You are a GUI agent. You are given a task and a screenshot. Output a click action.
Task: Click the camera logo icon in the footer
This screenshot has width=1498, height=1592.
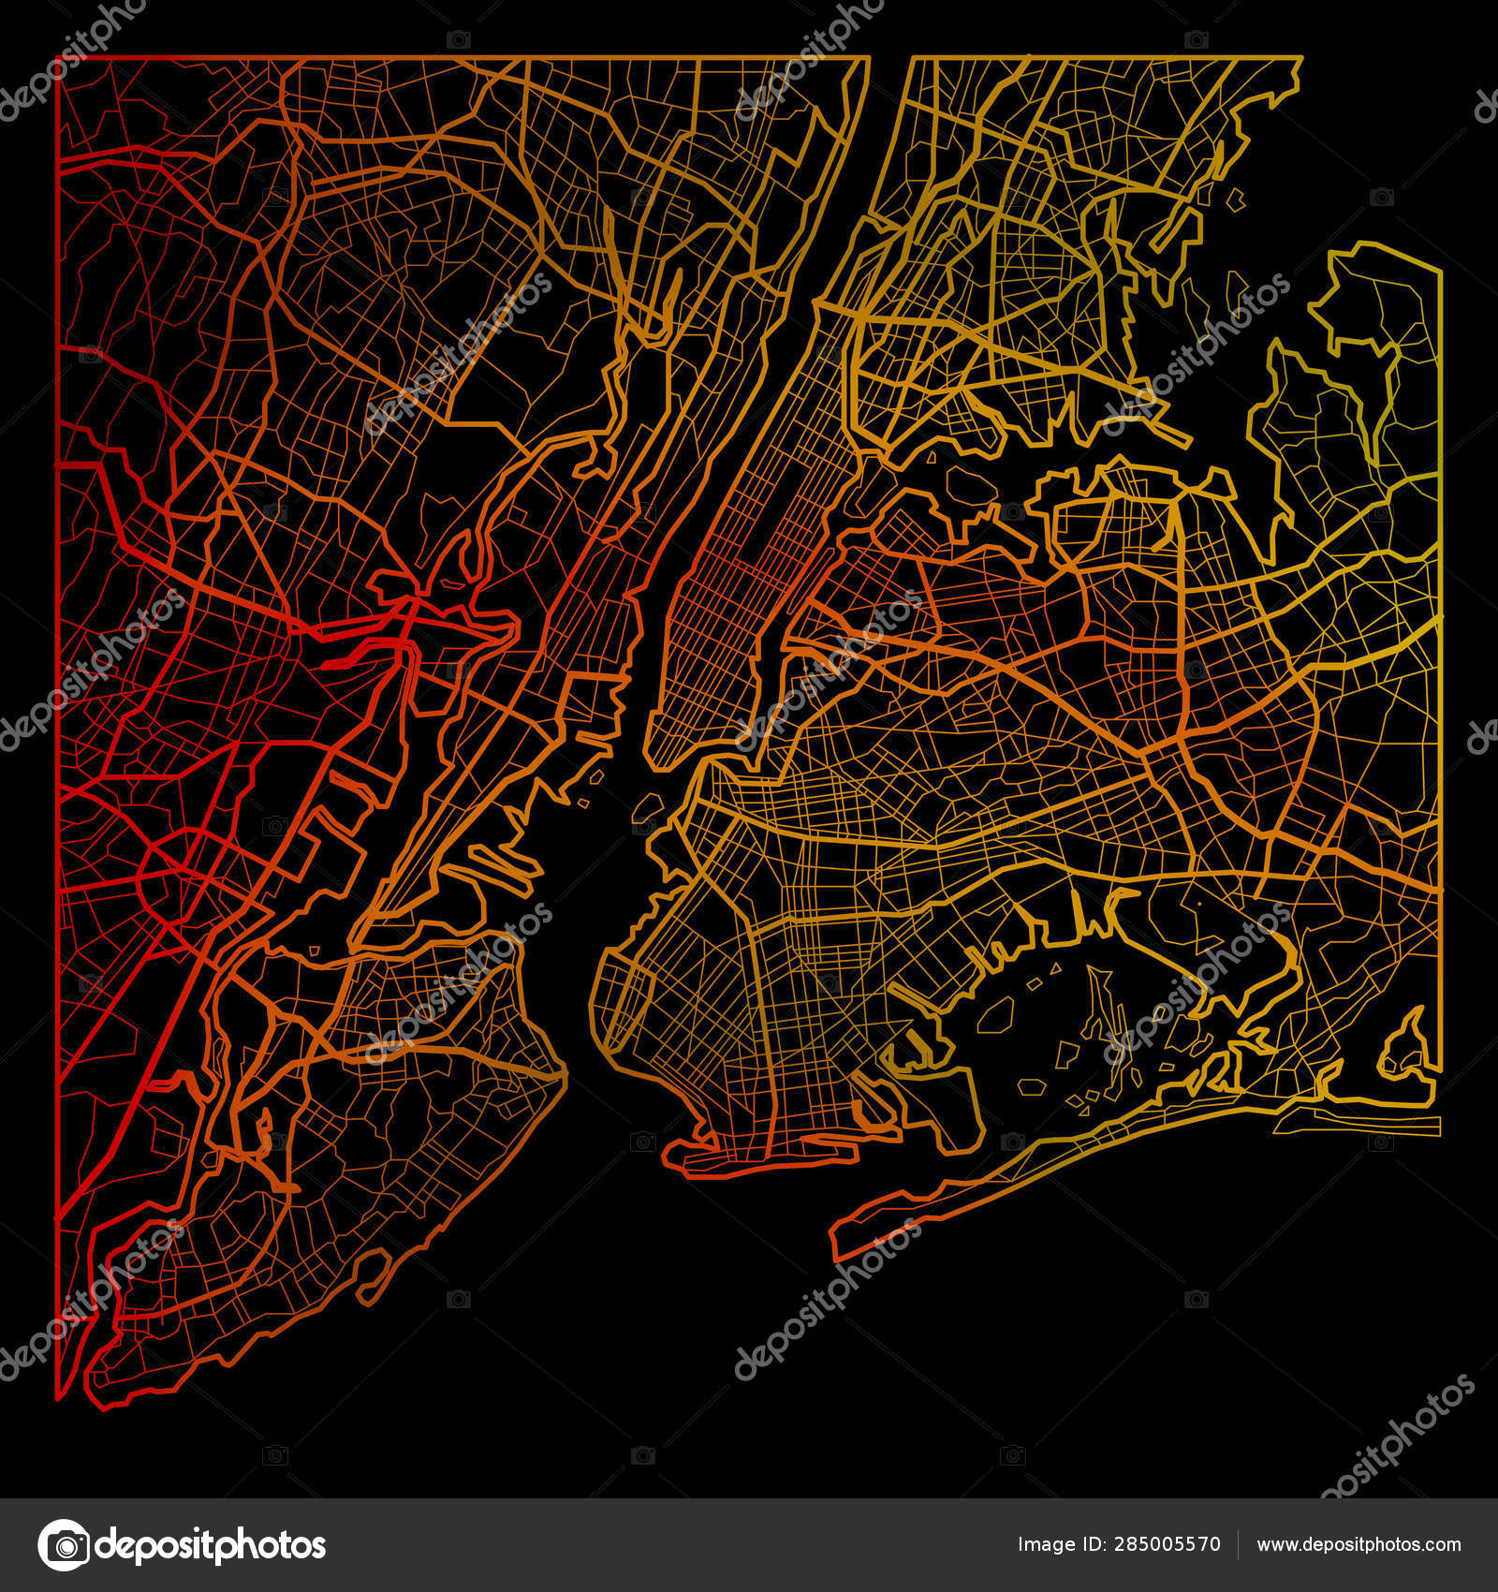point(64,1544)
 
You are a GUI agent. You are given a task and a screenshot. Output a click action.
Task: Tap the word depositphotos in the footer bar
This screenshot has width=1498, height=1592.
point(212,1545)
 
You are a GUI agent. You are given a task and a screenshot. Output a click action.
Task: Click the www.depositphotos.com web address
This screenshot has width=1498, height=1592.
point(1358,1544)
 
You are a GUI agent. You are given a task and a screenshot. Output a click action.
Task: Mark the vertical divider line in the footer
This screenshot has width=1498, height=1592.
point(1238,1544)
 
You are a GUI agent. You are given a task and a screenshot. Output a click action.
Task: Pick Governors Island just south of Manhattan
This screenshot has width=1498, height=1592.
point(647,806)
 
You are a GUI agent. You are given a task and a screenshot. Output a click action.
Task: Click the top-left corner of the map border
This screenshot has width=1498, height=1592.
point(58,58)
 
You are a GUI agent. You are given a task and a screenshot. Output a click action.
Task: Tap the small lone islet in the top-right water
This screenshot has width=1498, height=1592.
point(1236,199)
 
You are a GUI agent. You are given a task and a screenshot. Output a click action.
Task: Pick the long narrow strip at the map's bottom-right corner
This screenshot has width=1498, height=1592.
point(1376,1124)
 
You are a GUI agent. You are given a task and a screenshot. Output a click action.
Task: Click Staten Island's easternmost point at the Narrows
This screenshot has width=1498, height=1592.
point(565,1077)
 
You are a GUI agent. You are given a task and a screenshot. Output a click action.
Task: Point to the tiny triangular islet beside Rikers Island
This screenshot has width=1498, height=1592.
point(932,458)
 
